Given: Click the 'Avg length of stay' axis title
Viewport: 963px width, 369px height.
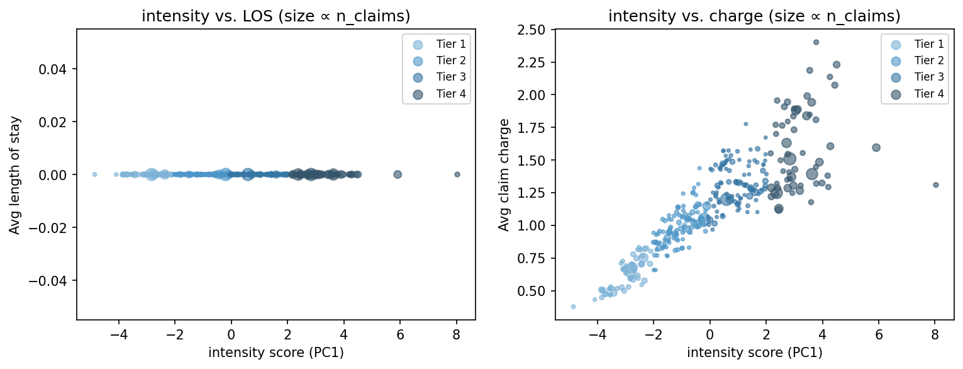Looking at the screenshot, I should (x=14, y=174).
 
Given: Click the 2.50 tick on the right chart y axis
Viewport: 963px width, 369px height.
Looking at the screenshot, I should (x=535, y=29).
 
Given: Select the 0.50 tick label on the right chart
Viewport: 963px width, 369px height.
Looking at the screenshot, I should (x=535, y=291).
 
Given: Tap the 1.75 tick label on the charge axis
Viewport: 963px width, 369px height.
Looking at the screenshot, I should (x=535, y=127).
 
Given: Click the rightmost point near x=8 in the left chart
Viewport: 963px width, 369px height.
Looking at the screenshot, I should (x=457, y=174).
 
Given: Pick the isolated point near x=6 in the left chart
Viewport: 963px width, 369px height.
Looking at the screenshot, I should (x=398, y=174).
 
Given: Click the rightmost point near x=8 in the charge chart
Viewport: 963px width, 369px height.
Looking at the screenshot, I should (x=936, y=185).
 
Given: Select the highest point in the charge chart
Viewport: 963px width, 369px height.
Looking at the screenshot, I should (x=816, y=42).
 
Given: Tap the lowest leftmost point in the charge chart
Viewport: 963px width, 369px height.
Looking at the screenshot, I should (x=573, y=307).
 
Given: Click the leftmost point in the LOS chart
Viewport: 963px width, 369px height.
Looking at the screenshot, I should (x=94, y=174).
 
